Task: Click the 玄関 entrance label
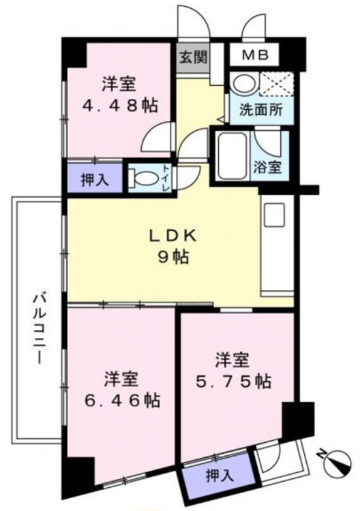point(194,59)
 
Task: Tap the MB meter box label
point(255,55)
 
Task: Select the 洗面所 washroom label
point(261,111)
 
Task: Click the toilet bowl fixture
point(142,178)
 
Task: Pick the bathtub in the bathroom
point(232,156)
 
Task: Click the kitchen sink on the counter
point(274,215)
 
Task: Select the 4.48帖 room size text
point(120,106)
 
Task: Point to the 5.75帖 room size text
point(233,381)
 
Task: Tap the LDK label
point(172,236)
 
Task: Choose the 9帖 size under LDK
point(173,258)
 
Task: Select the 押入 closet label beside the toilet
point(95,181)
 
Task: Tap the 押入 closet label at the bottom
point(220,476)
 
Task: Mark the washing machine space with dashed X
point(277,84)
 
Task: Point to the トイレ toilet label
point(166,178)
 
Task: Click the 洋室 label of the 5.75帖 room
point(232,360)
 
